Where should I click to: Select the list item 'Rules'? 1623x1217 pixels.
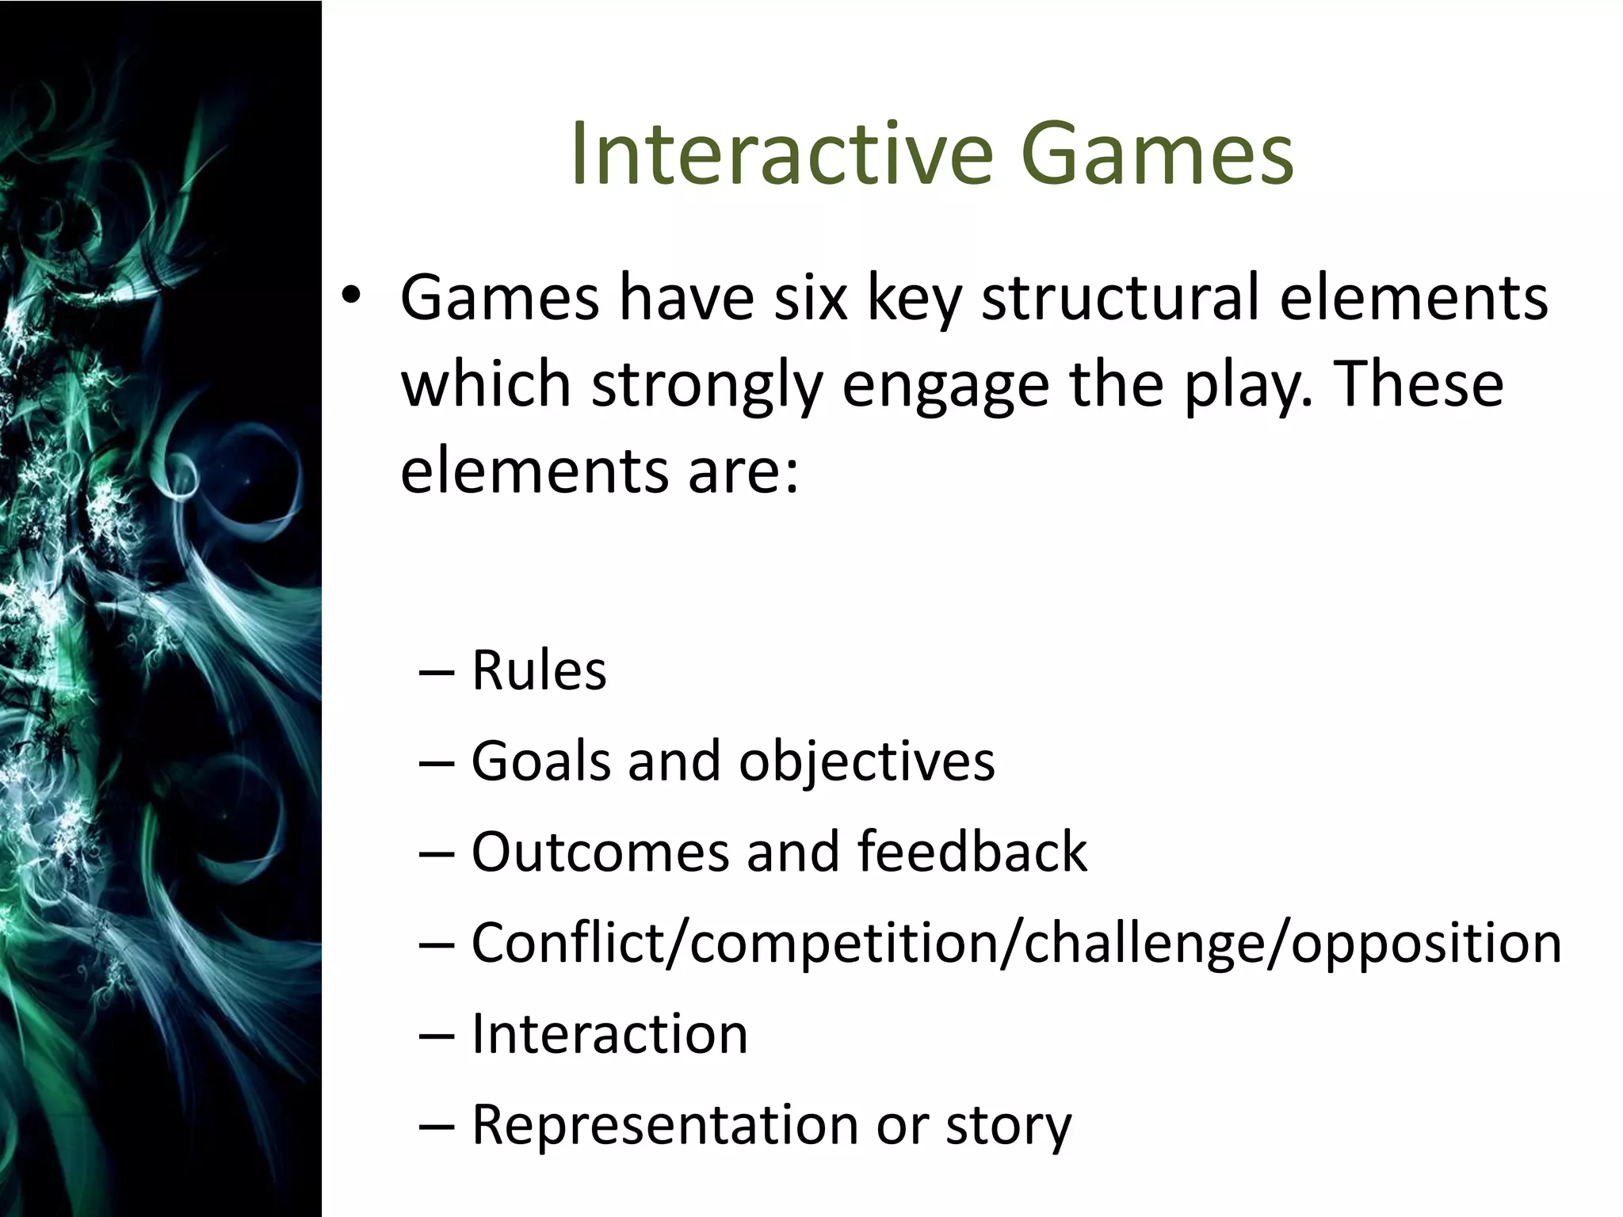click(539, 670)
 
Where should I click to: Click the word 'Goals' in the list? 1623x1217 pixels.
click(541, 761)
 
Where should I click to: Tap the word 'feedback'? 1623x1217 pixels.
click(972, 852)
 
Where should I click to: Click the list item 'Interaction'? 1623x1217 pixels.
click(609, 1034)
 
